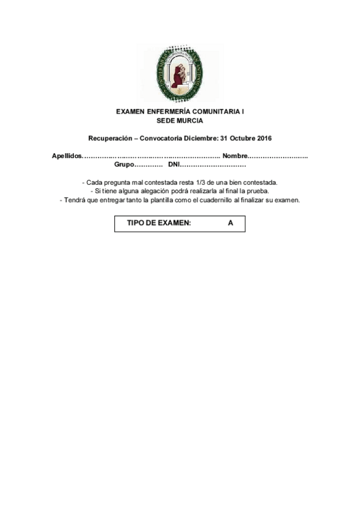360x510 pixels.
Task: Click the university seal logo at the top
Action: [x=180, y=74]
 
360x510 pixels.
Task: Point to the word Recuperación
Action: [x=110, y=138]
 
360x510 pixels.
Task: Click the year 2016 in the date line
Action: [x=264, y=138]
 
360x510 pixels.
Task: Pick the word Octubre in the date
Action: [x=239, y=138]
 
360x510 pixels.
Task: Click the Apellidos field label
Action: [x=66, y=156]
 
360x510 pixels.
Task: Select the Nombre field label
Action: [x=235, y=156]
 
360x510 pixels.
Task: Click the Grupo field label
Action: [x=124, y=164]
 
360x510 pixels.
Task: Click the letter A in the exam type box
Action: [x=230, y=223]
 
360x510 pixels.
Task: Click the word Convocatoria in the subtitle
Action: [x=164, y=138]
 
